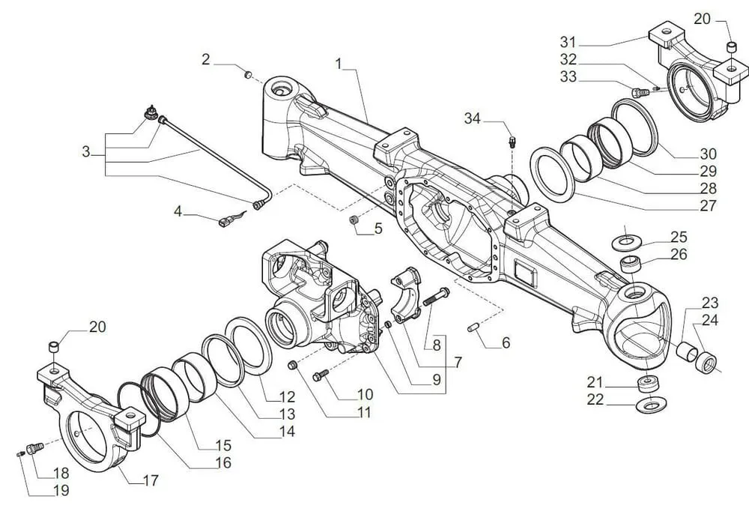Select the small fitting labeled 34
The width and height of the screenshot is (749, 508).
[x=512, y=140]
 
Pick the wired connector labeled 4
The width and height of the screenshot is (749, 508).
[x=226, y=221]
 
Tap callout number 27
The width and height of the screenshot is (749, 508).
[x=707, y=205]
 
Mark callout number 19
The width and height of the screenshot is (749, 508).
[x=61, y=490]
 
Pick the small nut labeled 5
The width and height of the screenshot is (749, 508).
[x=355, y=221]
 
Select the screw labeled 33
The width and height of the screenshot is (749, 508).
[x=639, y=93]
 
